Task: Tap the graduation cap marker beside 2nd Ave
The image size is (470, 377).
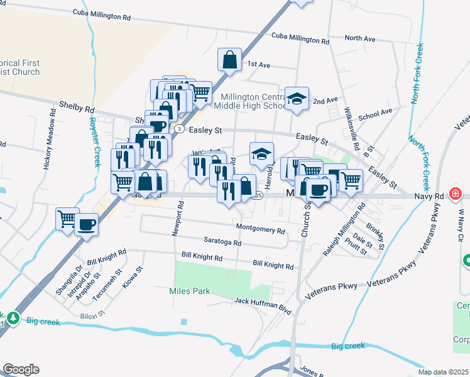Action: coord(297,99)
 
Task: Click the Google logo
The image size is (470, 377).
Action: coord(21,369)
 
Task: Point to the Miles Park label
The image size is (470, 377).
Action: coord(189,291)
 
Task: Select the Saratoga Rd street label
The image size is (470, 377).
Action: coord(222,242)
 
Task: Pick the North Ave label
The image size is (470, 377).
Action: coord(360,39)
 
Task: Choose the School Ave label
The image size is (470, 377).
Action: coord(374,114)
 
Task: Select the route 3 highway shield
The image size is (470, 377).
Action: coord(180,129)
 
